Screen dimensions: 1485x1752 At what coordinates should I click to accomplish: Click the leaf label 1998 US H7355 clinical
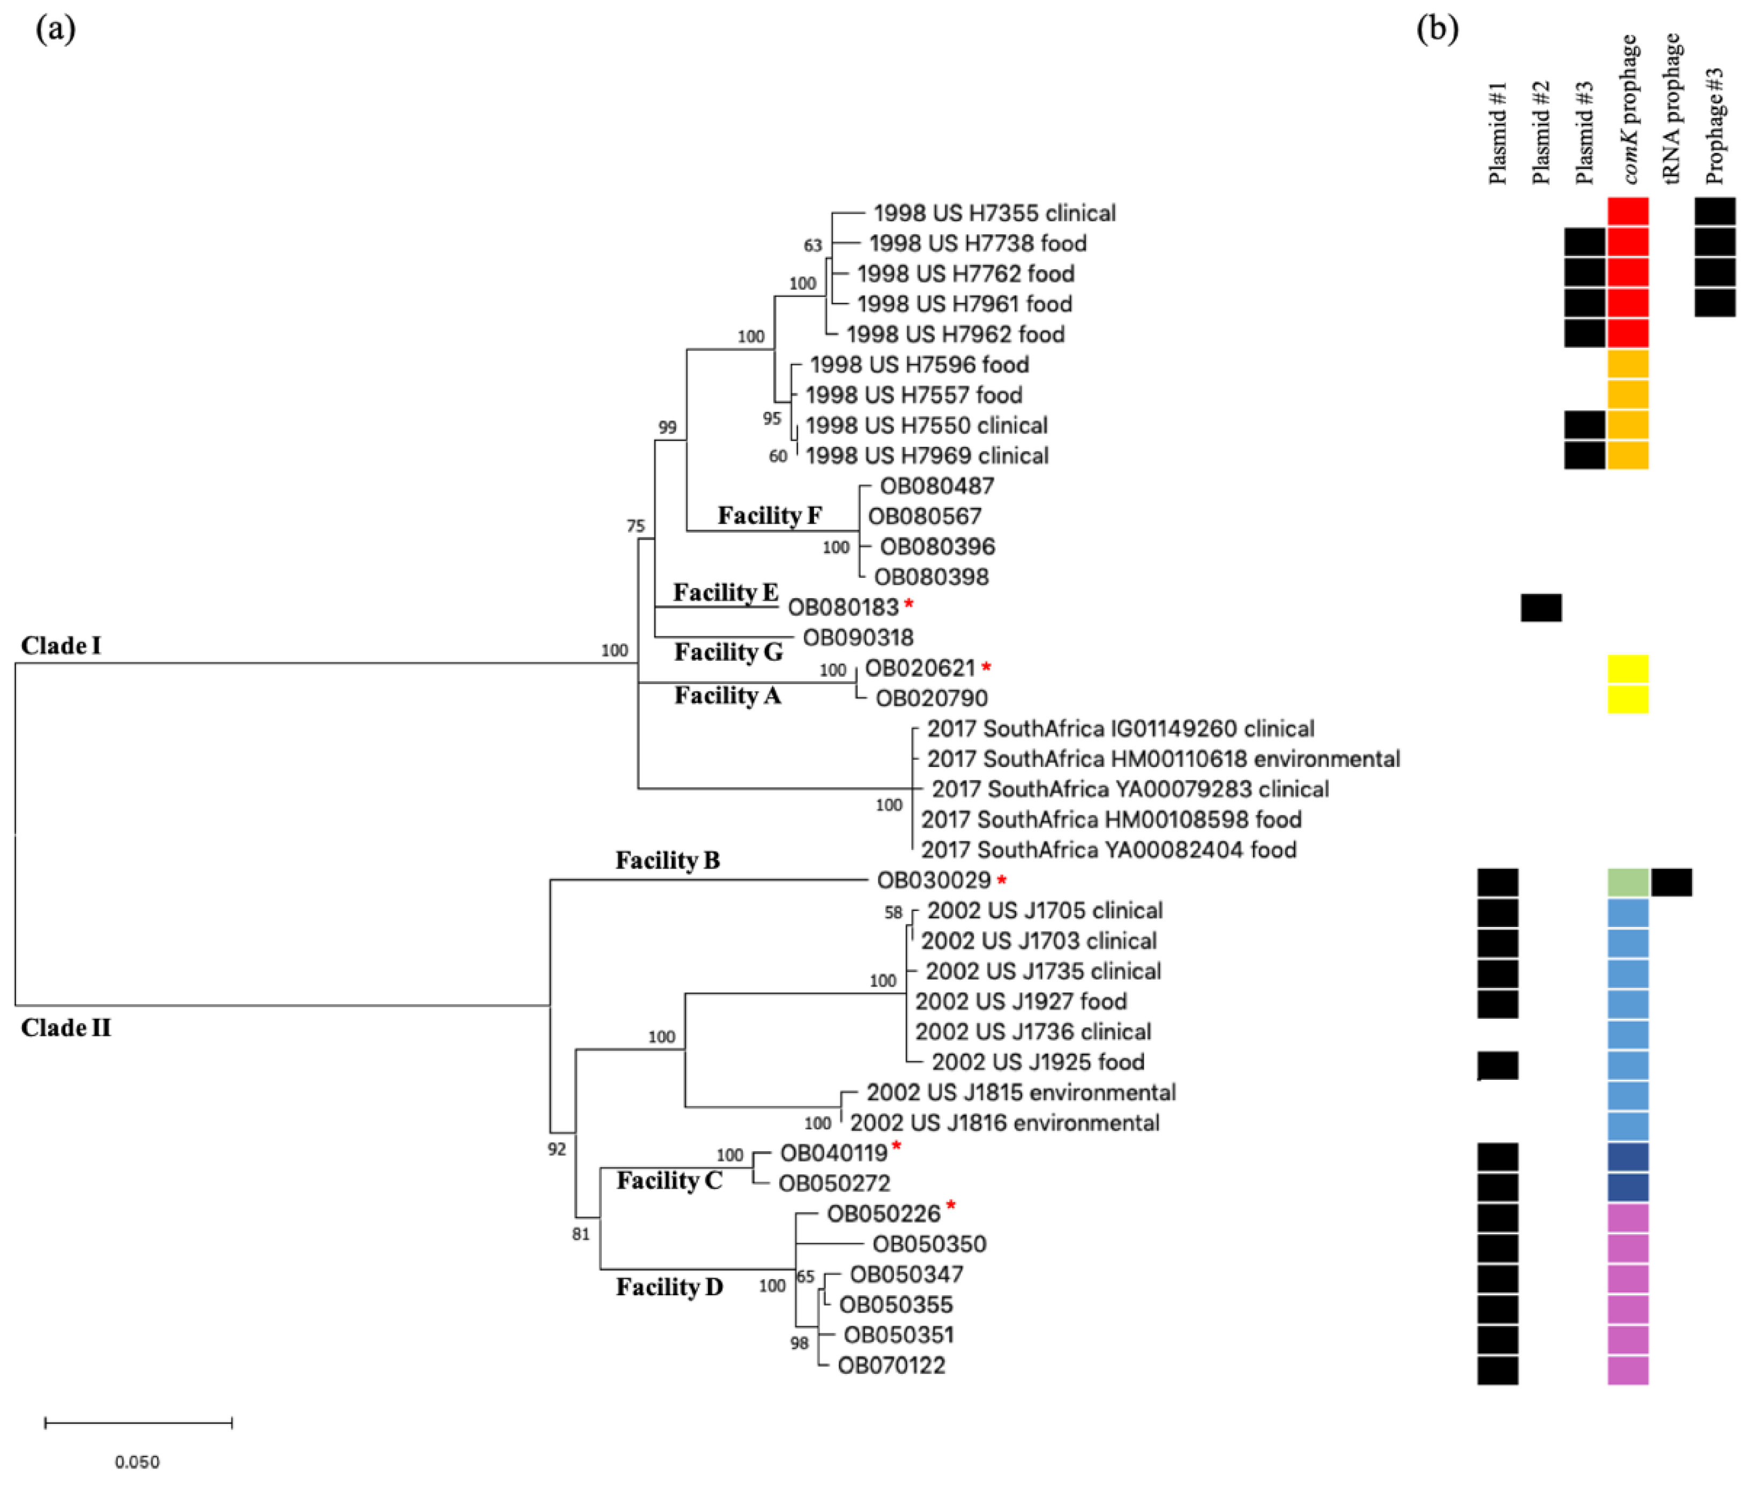(x=994, y=213)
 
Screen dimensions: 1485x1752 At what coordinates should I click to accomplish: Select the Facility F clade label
(x=769, y=515)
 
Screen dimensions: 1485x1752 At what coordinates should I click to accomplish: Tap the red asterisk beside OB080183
(x=908, y=603)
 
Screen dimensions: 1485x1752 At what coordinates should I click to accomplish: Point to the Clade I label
(x=61, y=646)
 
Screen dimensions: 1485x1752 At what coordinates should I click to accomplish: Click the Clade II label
(x=66, y=1028)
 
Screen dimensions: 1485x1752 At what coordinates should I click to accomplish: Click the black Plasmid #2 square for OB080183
(x=1541, y=608)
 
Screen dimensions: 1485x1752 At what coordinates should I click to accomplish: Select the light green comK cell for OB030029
(x=1628, y=882)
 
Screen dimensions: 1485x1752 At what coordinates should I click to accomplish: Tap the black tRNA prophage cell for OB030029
(x=1671, y=882)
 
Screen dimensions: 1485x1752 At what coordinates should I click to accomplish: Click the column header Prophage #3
(x=1715, y=126)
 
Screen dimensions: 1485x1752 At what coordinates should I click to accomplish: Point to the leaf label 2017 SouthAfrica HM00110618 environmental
(x=1162, y=758)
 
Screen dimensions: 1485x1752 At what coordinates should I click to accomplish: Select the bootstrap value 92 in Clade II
(x=556, y=1149)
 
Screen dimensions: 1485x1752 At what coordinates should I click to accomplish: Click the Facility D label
(x=669, y=1287)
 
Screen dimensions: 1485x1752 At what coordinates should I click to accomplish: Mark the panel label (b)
(x=1437, y=29)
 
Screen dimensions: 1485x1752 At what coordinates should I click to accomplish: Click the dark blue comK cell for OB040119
(x=1628, y=1156)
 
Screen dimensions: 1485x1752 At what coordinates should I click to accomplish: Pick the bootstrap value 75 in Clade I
(x=636, y=526)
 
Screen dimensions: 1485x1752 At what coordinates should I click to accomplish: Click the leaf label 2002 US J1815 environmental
(x=1020, y=1093)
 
